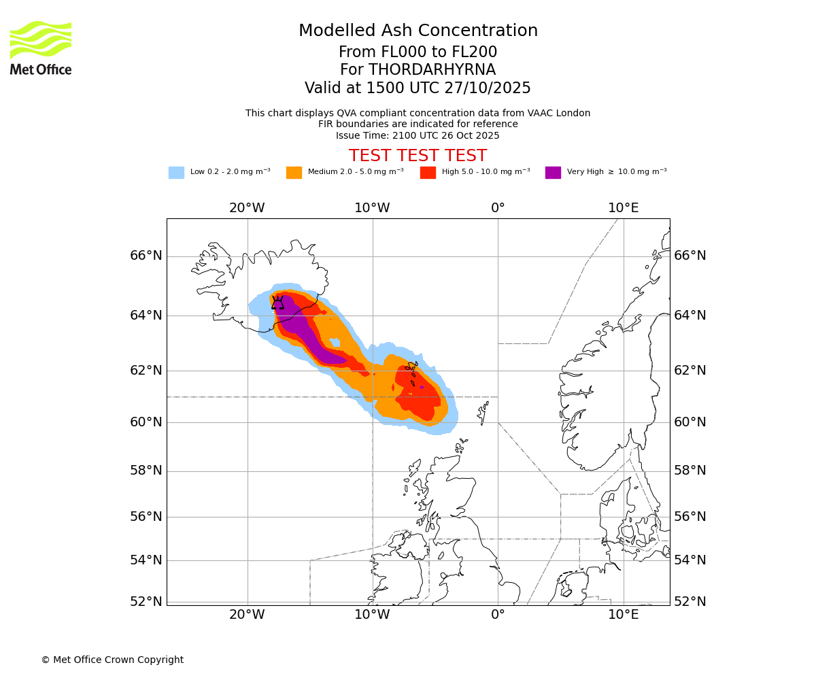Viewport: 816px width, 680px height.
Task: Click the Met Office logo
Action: pos(41,48)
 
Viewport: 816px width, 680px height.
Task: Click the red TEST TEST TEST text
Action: pos(418,156)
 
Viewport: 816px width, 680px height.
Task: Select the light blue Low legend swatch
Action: pos(176,172)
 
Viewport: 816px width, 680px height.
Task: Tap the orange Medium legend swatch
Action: pos(294,172)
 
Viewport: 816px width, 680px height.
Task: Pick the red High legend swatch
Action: pos(428,172)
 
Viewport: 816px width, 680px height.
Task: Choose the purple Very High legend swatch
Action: pos(553,172)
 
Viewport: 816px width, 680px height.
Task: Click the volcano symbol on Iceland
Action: pos(277,303)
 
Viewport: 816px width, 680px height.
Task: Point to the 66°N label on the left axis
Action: pos(146,256)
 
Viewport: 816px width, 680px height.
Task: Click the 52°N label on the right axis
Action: pos(690,602)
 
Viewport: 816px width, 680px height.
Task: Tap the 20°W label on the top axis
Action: pos(247,208)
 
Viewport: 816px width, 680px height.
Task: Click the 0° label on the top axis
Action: pos(498,208)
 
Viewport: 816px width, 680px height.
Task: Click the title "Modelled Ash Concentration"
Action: pos(418,31)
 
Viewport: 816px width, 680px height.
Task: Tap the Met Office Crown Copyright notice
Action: pos(112,660)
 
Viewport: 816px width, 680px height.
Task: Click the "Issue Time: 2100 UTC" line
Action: pos(418,135)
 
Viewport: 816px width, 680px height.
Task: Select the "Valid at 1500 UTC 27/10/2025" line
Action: pos(418,88)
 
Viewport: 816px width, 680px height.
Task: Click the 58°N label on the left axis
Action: pos(146,471)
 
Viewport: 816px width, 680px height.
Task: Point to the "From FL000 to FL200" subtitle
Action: pos(418,52)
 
